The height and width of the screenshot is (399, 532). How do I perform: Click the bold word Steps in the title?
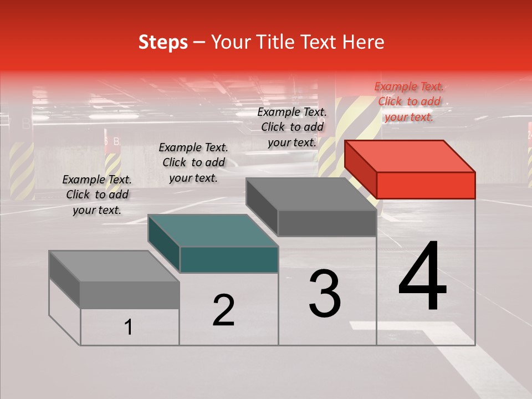pos(163,42)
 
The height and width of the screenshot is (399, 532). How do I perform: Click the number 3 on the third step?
pos(325,294)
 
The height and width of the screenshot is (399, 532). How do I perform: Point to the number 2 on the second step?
pos(224,310)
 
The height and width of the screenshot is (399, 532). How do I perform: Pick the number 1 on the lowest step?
pos(129,327)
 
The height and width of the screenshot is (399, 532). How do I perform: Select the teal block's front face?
pos(229,259)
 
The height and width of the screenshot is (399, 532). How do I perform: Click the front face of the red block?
pos(426,185)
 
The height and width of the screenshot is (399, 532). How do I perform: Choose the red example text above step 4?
pos(409,101)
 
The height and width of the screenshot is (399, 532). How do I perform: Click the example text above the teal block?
pos(193,162)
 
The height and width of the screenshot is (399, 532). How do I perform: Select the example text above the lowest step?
pos(97,195)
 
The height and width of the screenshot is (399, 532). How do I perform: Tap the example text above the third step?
pos(292,127)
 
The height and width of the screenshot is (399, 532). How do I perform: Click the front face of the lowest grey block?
pos(130,295)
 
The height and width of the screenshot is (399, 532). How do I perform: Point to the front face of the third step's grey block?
pos(327,223)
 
